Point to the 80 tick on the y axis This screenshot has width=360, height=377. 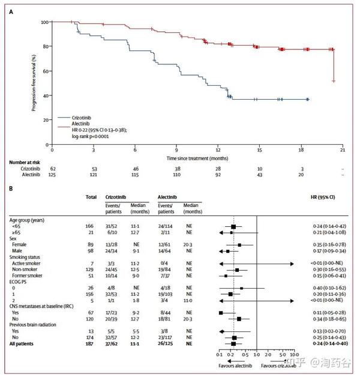click(45, 46)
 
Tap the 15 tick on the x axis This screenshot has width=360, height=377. click(259, 150)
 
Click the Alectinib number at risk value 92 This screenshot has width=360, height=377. click(218, 174)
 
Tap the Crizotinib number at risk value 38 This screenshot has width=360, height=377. click(176, 169)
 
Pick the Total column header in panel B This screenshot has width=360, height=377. click(92, 197)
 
